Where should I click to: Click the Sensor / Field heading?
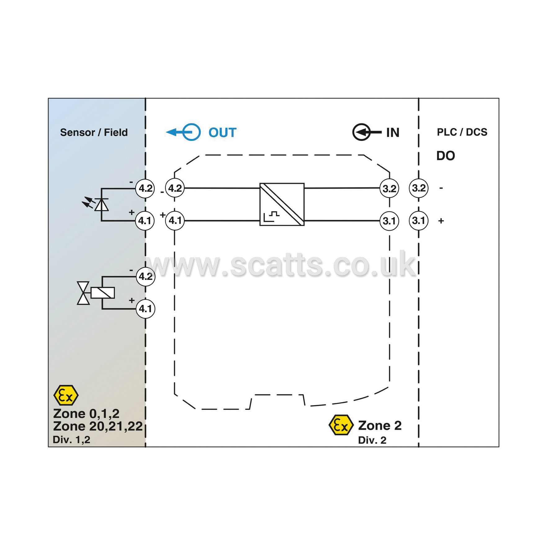[x=94, y=132]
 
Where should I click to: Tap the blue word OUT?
[x=222, y=132]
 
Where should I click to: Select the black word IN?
[x=393, y=132]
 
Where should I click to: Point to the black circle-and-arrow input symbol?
[x=367, y=132]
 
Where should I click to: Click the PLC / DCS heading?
[x=462, y=132]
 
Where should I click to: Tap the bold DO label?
[x=445, y=156]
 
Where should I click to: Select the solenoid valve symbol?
[x=96, y=293]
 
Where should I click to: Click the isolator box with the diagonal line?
[x=282, y=204]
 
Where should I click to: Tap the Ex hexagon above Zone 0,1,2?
[x=66, y=395]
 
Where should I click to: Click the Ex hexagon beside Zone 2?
[x=341, y=425]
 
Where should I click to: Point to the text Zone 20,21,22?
[x=98, y=426]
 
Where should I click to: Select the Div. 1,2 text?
[x=71, y=440]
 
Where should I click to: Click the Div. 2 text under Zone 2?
[x=372, y=440]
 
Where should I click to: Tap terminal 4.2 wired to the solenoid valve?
[x=145, y=276]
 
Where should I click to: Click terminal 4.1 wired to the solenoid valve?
[x=145, y=309]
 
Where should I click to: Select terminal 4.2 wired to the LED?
[x=145, y=188]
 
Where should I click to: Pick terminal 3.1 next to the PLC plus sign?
[x=418, y=221]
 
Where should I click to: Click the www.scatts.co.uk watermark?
[x=281, y=265]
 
